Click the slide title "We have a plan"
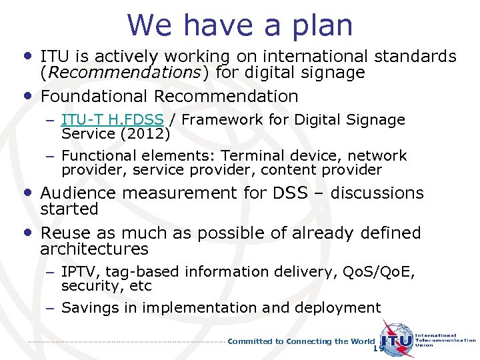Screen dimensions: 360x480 click(x=239, y=25)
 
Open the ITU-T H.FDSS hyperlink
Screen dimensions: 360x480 click(x=112, y=120)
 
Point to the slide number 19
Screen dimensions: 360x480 click(x=379, y=349)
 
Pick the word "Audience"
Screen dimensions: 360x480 click(x=74, y=193)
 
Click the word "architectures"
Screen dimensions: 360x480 click(x=94, y=249)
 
